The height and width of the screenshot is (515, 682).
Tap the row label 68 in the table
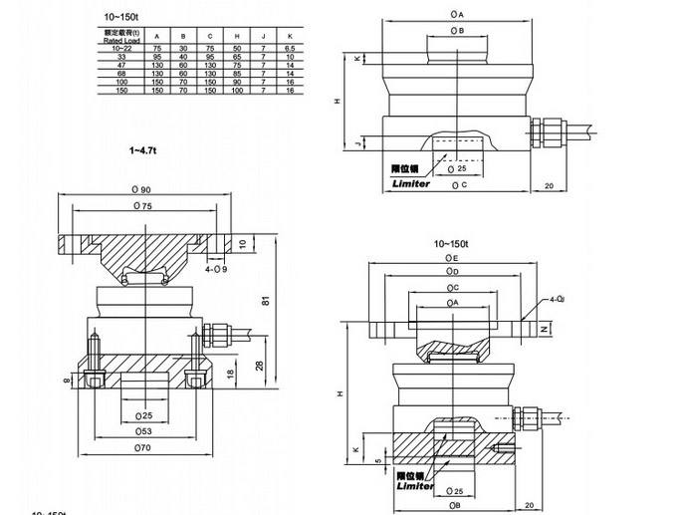[x=122, y=72]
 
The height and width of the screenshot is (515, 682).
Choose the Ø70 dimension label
[x=140, y=448]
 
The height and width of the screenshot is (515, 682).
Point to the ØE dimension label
[x=451, y=256]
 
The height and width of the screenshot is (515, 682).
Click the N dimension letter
[x=543, y=327]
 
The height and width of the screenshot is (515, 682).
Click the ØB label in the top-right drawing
[x=457, y=31]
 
